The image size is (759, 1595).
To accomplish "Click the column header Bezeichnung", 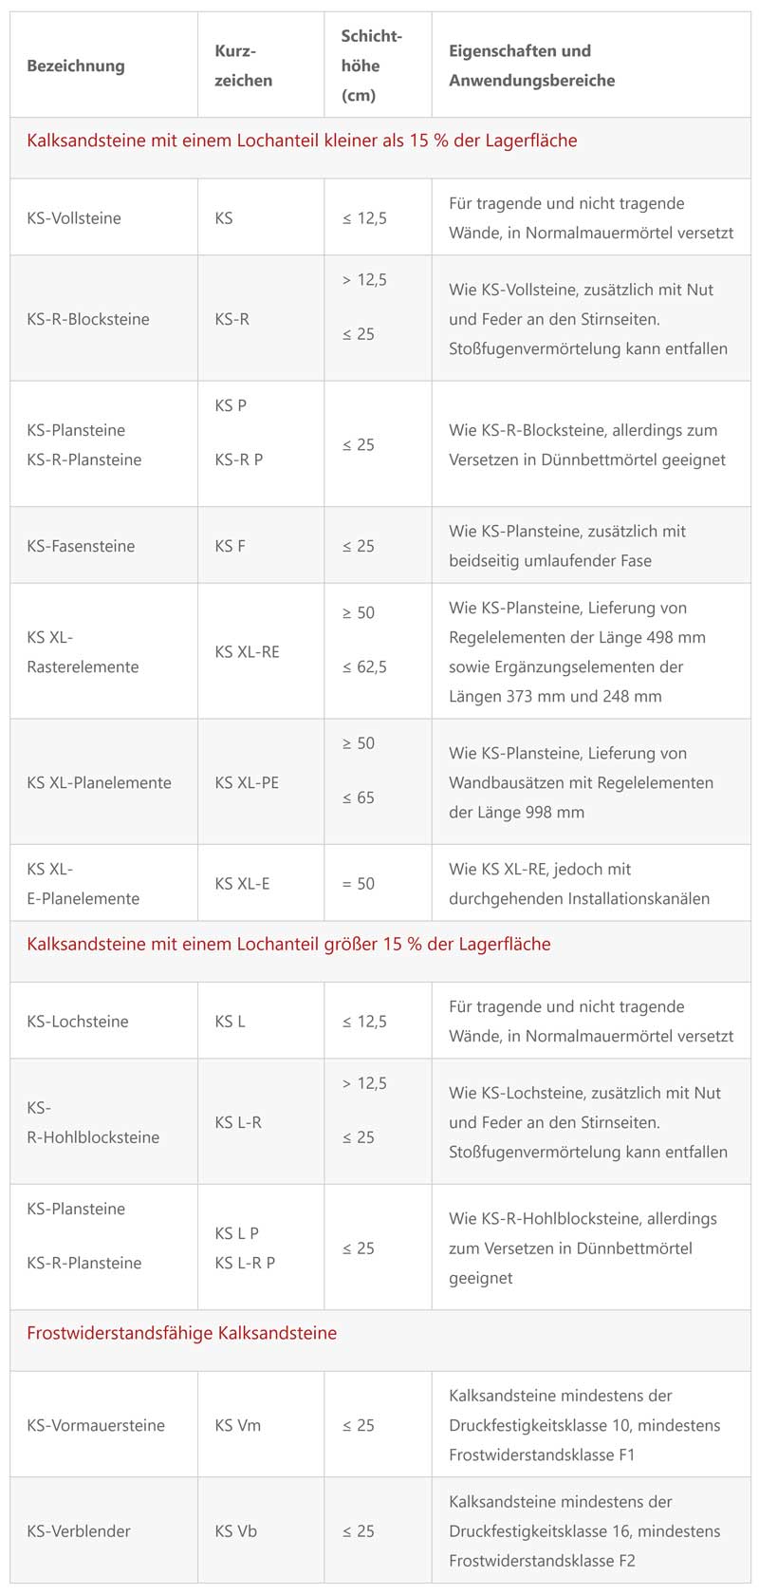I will tap(76, 66).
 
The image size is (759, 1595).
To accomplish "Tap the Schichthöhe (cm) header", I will tap(371, 66).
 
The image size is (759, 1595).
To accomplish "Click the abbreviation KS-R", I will tap(232, 319).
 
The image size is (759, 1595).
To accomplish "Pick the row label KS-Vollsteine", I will tap(74, 218).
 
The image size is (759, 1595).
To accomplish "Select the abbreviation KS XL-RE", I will tap(248, 652).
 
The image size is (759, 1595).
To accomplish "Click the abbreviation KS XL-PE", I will tap(248, 783).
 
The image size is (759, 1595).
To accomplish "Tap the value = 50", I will tap(359, 884).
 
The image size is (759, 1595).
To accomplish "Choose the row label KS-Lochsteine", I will tap(78, 1022).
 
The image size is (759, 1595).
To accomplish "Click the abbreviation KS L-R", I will tap(238, 1122).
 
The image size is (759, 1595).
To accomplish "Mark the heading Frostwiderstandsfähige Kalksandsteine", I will tap(181, 1333).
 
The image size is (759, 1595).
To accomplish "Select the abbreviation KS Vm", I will tap(238, 1425).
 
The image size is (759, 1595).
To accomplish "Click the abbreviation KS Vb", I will tap(236, 1531).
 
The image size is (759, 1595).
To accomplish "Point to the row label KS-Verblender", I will tap(79, 1531).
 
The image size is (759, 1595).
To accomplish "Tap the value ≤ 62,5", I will tap(364, 667).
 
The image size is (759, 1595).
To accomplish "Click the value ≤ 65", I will tap(359, 798).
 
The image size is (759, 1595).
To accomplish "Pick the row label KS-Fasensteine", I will tap(81, 546).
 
